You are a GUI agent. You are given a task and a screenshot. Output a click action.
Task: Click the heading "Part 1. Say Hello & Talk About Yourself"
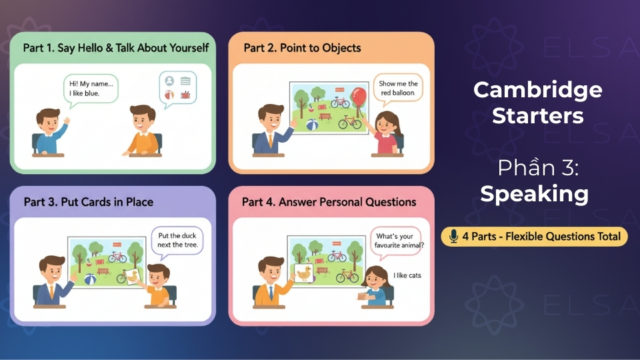pyautogui.click(x=116, y=48)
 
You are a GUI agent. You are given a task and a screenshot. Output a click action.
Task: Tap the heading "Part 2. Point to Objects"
pyautogui.click(x=302, y=48)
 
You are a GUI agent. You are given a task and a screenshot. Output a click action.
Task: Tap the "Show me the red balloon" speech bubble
pyautogui.click(x=398, y=88)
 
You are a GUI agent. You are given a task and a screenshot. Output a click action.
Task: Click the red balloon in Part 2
pyautogui.click(x=359, y=95)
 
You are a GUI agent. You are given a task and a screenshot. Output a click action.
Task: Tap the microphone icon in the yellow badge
pyautogui.click(x=454, y=236)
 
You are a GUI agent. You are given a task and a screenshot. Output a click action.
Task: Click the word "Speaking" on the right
pyautogui.click(x=534, y=194)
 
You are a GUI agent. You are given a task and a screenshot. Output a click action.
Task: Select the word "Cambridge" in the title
pyautogui.click(x=537, y=90)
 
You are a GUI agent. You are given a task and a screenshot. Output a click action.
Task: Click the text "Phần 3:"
pyautogui.click(x=538, y=168)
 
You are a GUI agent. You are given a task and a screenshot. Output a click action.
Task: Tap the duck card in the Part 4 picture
pyautogui.click(x=304, y=273)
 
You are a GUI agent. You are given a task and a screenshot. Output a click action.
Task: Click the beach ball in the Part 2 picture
pyautogui.click(x=312, y=125)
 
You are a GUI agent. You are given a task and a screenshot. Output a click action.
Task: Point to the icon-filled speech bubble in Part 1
pyautogui.click(x=177, y=87)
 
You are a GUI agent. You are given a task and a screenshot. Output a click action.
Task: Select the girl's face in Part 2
pyautogui.click(x=387, y=123)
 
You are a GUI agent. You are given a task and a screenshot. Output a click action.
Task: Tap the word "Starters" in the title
pyautogui.click(x=537, y=115)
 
